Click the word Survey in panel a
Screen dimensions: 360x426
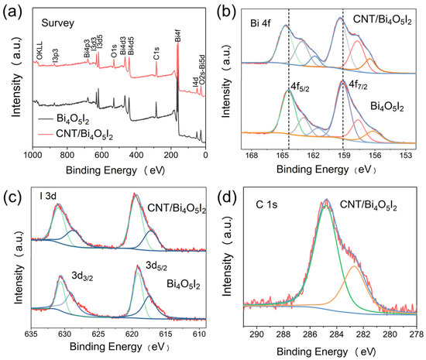click(x=57, y=23)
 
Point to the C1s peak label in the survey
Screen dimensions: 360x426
click(x=156, y=55)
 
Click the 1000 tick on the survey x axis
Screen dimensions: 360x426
click(x=32, y=155)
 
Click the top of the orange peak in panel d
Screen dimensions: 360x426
click(x=353, y=267)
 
